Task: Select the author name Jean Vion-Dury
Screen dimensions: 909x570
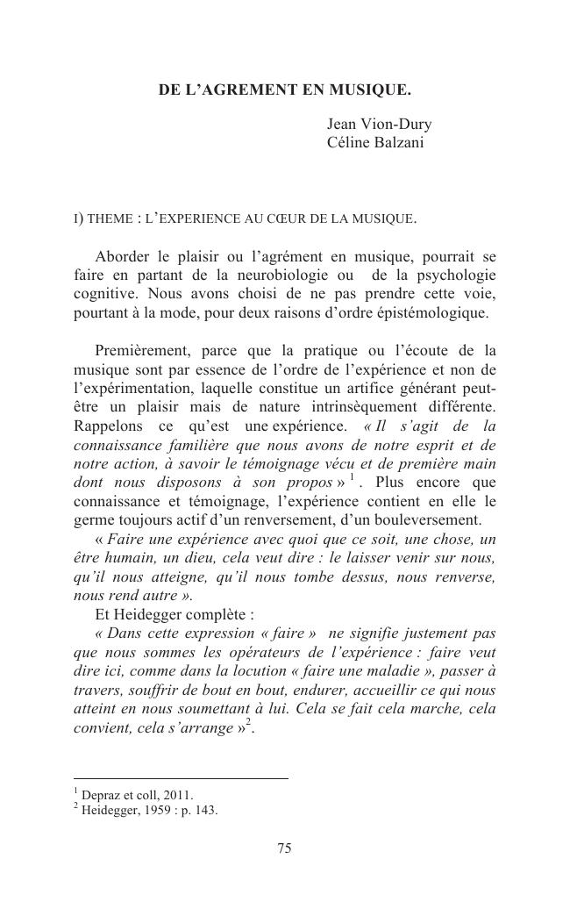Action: tap(379, 125)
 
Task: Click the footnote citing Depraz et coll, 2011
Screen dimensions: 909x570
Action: tap(132, 796)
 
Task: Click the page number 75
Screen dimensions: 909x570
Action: tap(284, 848)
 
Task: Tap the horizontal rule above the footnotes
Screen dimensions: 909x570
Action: tap(181, 778)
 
